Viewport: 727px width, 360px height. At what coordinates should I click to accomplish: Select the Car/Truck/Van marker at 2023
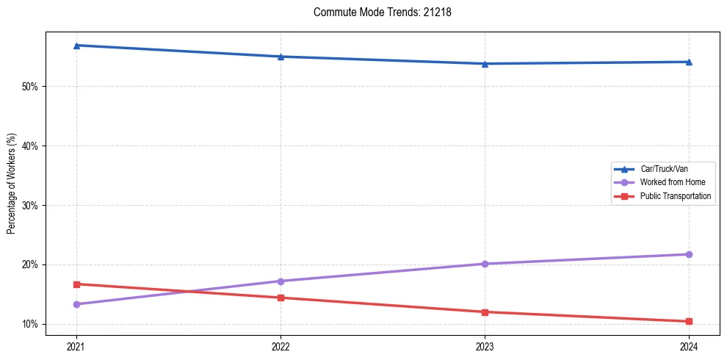(485, 64)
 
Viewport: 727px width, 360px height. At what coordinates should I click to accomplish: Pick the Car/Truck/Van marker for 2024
(689, 62)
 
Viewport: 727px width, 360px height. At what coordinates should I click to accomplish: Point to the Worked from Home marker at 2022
(281, 281)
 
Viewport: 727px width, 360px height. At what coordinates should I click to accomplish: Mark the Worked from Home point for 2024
(689, 254)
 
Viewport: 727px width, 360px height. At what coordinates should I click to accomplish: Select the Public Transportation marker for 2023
(485, 312)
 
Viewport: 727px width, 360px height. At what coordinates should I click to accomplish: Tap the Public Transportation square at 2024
(689, 321)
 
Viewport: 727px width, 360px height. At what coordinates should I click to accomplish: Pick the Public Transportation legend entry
(675, 196)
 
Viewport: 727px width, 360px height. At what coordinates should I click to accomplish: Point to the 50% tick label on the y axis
(30, 87)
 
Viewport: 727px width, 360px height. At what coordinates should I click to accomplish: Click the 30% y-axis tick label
(30, 206)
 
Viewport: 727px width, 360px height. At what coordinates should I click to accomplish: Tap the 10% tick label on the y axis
(30, 324)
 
